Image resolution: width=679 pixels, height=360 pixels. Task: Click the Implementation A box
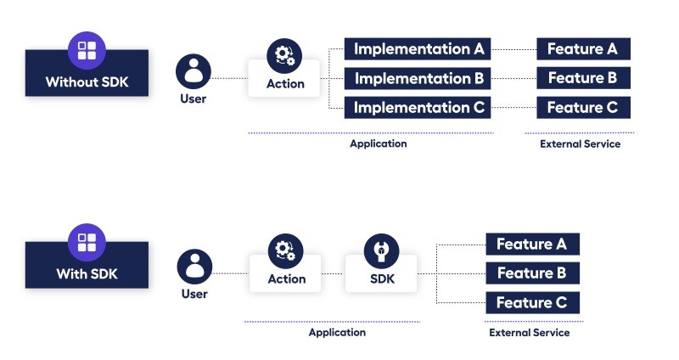click(x=418, y=49)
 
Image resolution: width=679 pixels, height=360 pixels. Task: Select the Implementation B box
click(x=418, y=79)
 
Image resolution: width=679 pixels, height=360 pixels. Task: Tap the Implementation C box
click(x=418, y=108)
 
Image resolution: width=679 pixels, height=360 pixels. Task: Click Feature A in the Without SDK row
click(x=582, y=49)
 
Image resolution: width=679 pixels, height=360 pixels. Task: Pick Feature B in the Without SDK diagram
click(x=582, y=79)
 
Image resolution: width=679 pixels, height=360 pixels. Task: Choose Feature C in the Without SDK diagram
click(x=582, y=108)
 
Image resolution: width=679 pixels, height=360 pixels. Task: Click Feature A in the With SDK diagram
click(x=532, y=245)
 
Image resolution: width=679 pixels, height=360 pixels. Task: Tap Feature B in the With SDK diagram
click(x=532, y=273)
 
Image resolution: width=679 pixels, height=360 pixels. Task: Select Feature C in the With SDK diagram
click(x=532, y=303)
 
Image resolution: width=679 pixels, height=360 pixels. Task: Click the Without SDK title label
click(x=87, y=82)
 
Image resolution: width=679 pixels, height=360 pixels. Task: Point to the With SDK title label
click(x=87, y=273)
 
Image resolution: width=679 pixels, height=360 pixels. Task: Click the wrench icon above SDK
click(x=381, y=250)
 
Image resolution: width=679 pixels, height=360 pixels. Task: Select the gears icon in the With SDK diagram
click(x=285, y=250)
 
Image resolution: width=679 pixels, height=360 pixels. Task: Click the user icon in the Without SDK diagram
click(x=194, y=70)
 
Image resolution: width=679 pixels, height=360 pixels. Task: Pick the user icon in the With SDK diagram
click(x=194, y=266)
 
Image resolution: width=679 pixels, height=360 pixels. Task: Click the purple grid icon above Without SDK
click(x=87, y=50)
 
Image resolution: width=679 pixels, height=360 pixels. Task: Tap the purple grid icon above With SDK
click(x=87, y=242)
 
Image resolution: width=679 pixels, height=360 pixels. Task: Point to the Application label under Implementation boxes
click(x=379, y=144)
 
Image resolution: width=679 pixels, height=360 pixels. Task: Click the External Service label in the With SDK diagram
click(x=530, y=333)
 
